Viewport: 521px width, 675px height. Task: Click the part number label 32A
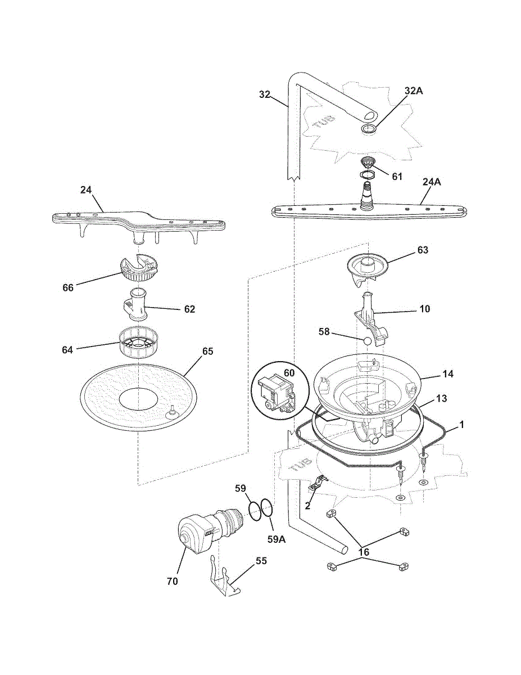coord(414,91)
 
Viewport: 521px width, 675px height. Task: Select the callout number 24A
coord(432,182)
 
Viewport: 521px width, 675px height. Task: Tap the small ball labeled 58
coord(368,341)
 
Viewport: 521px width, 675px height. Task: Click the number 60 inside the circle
coord(289,373)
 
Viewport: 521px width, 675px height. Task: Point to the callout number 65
coord(207,351)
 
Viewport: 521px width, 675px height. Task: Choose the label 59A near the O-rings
coord(277,539)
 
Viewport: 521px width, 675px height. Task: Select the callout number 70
coord(172,581)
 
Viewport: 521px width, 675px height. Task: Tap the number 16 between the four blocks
coord(364,552)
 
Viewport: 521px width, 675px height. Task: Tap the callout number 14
coord(448,373)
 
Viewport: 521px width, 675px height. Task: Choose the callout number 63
coord(423,250)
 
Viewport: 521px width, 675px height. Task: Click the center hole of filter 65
coord(139,398)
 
